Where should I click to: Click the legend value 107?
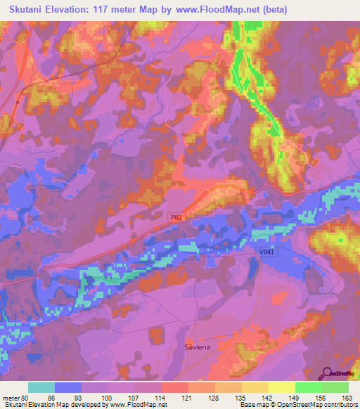[135, 396]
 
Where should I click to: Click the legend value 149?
[295, 396]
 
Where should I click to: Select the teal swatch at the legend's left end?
[41, 387]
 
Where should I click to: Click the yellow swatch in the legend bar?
[282, 387]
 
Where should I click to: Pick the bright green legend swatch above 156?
[309, 387]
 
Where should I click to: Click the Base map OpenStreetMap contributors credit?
[298, 405]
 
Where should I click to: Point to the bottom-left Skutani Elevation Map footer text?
[84, 405]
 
